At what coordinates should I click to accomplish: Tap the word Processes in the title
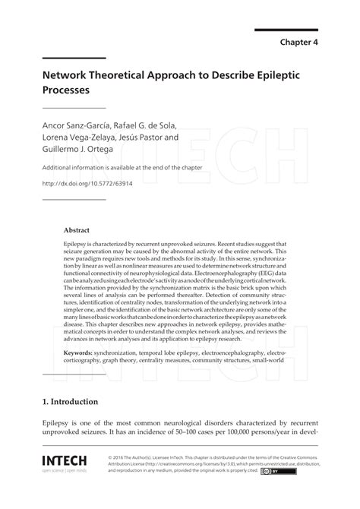point(65,90)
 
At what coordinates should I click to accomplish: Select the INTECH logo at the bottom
point(65,461)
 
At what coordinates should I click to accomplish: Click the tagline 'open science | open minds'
point(65,471)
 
